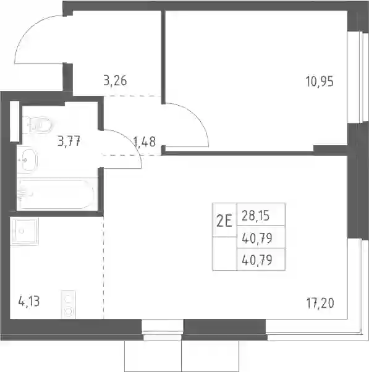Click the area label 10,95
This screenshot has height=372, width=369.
click(320, 82)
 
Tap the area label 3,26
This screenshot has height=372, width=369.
click(115, 80)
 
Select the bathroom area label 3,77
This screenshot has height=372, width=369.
click(69, 141)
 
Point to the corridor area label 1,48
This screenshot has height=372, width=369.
click(145, 142)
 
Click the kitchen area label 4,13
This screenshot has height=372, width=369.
click(28, 302)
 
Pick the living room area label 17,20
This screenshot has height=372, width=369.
click(320, 303)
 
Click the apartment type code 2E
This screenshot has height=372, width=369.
click(224, 222)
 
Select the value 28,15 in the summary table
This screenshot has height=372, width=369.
click(255, 216)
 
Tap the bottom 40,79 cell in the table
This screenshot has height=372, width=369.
click(257, 260)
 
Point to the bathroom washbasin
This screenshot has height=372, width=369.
click(27, 160)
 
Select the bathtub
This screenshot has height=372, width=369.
click(57, 194)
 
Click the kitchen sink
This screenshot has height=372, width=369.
click(24, 231)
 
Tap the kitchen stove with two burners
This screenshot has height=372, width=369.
click(69, 305)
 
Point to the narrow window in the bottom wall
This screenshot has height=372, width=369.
click(163, 327)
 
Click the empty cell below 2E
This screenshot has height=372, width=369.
click(225, 253)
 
